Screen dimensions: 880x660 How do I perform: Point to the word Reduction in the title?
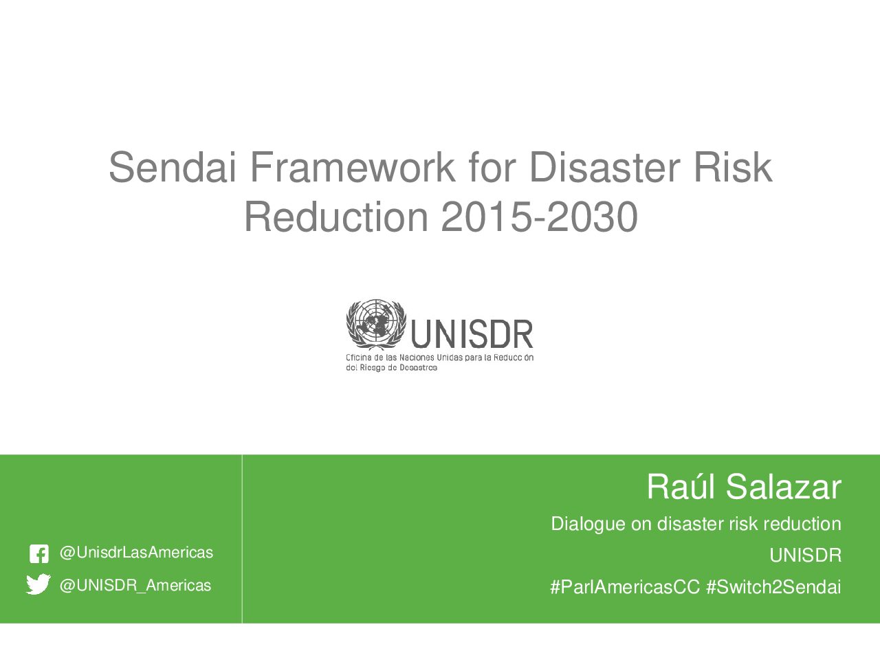[336, 217]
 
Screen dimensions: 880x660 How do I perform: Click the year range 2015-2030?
[539, 217]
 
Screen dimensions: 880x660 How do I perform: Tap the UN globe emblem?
[376, 324]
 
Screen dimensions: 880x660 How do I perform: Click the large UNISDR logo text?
[472, 334]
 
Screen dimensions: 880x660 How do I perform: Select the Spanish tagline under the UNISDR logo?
[439, 362]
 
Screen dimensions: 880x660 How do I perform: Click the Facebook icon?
[39, 554]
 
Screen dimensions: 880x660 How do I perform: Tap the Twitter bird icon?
[38, 584]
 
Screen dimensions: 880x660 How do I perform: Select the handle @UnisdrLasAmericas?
[136, 553]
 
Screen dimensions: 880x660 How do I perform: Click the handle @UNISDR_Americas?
[135, 586]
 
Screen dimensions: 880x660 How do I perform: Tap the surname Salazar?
[783, 487]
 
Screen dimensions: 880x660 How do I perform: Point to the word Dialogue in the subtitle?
[588, 524]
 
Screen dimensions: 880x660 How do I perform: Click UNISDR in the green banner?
[806, 555]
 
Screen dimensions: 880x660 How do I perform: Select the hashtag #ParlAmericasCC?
[625, 587]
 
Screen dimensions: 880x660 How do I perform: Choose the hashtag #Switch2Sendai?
[773, 587]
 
